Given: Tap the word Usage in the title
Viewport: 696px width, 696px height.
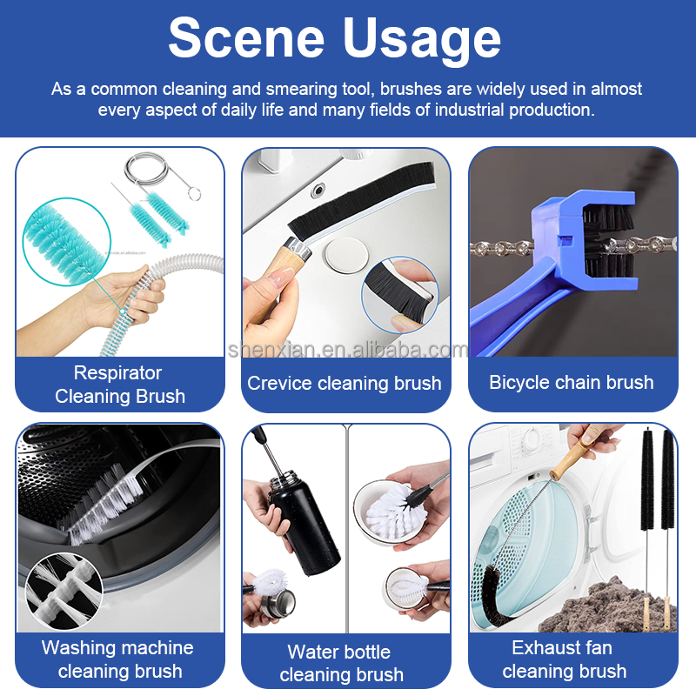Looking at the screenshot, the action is tap(422, 41).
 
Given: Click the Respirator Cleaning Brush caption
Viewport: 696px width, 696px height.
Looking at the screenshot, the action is tap(119, 385).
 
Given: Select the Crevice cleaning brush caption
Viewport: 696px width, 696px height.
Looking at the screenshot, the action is tap(344, 383).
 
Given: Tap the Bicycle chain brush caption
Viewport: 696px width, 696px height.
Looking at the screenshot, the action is tap(572, 382).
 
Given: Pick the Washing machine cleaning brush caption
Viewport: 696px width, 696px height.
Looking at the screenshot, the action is tap(118, 659).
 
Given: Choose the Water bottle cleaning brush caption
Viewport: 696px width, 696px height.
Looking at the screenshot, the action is tap(341, 664).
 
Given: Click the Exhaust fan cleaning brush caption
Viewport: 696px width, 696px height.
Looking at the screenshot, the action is tap(564, 659).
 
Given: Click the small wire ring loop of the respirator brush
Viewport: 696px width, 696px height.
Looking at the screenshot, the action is tap(194, 193).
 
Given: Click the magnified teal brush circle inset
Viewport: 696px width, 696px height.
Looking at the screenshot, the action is tap(67, 242).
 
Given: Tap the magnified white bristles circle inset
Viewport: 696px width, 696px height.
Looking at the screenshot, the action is tap(64, 591).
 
